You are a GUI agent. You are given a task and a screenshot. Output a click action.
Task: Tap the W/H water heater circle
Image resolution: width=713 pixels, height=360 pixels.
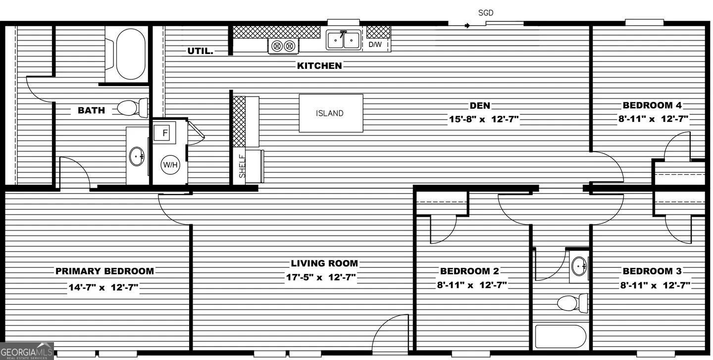170,165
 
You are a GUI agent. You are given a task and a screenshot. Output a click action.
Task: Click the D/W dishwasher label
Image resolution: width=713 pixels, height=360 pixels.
375,45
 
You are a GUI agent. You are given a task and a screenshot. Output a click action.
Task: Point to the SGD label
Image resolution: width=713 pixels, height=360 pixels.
486,13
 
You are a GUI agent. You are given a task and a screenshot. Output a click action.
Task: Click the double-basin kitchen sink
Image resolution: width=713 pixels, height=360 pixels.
344,40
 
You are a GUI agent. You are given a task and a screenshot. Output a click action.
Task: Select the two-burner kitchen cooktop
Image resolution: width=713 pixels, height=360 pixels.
284,46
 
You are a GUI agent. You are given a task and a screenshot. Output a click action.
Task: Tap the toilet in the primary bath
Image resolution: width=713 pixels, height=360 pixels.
131,107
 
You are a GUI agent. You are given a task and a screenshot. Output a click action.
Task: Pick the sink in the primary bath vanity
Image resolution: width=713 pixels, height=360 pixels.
137,156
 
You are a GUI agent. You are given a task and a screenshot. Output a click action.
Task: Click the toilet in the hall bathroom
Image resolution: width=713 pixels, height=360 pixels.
572,303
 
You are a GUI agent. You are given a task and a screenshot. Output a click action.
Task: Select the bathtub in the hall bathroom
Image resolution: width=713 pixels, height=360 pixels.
560,336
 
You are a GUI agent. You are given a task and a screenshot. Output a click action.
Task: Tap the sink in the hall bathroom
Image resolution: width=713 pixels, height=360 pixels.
578,267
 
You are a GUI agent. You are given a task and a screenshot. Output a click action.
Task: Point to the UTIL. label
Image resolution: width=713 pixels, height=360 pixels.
201,51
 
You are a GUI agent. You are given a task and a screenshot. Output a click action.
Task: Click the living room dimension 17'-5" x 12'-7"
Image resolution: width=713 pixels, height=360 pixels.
321,278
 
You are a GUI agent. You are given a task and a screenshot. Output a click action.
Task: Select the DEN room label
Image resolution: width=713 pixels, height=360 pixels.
480,105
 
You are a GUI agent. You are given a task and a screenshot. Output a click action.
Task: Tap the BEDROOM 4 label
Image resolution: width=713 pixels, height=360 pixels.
652,105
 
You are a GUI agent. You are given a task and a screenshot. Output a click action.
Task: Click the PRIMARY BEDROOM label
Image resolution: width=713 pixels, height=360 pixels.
104,271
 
